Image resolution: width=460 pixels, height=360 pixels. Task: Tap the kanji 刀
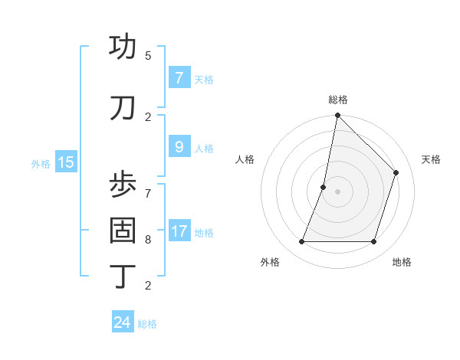123,108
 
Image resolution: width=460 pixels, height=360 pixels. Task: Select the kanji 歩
123,185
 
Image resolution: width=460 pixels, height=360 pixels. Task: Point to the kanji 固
123,231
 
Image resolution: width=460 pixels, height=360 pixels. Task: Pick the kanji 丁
123,277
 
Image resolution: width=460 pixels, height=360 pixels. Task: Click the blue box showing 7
179,78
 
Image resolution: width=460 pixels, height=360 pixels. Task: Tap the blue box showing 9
179,147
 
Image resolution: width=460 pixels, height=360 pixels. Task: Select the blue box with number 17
179,231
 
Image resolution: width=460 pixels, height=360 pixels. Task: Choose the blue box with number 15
66,162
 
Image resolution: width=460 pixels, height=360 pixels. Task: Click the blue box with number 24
123,322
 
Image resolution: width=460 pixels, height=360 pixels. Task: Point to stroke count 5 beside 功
148,55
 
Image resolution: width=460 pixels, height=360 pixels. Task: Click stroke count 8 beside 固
148,239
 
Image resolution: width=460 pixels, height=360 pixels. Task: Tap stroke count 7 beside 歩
148,185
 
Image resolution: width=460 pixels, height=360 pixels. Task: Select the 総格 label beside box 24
147,324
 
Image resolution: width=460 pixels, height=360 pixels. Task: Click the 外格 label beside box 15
41,163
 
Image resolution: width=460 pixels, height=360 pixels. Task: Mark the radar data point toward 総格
337,115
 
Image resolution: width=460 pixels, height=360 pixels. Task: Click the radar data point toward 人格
324,187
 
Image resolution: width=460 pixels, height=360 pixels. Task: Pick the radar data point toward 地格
373,242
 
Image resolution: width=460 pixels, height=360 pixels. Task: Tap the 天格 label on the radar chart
431,159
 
